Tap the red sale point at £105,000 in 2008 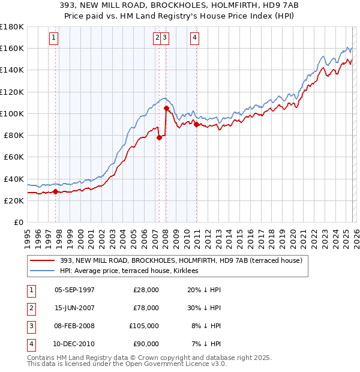coord(166,109)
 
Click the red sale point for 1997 coord(56,192)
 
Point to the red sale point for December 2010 coord(197,125)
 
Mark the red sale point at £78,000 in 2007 coord(159,137)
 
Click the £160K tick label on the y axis coord(12,48)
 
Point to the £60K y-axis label coord(14,157)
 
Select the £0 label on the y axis coord(19,222)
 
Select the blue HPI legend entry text coord(133,271)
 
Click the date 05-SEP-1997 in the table coord(74,290)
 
